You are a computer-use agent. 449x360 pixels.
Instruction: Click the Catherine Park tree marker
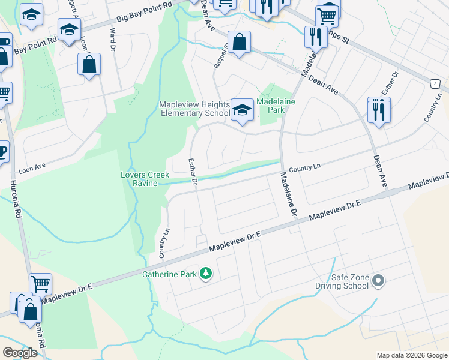[206, 274]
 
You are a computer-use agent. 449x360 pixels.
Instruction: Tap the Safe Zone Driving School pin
[378, 280]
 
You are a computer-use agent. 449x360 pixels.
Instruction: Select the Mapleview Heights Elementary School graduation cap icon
[242, 110]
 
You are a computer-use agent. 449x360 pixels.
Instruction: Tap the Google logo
[20, 353]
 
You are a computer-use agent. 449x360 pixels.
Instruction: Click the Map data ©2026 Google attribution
[412, 355]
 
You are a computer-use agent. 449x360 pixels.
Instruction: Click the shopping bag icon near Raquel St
[239, 43]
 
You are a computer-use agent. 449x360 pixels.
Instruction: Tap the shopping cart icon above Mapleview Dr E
[40, 284]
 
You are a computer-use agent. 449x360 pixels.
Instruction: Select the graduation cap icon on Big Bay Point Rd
[70, 29]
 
